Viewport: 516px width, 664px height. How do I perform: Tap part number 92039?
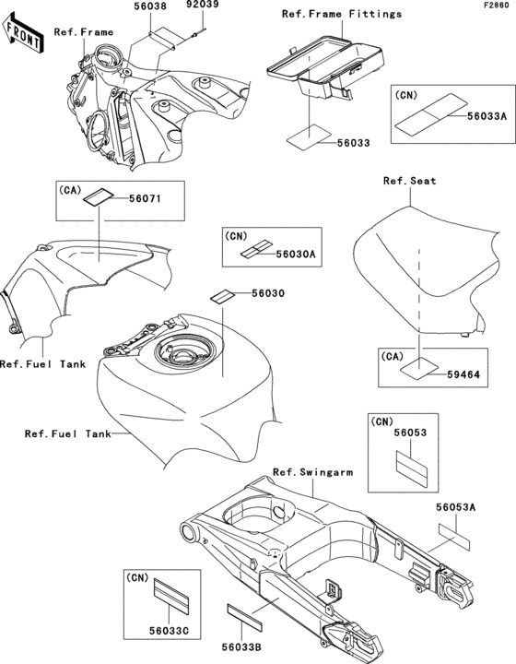point(203,5)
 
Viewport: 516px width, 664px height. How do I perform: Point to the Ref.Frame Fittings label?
point(342,14)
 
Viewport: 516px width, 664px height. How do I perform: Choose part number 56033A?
point(487,116)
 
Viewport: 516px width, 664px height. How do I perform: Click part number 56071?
point(145,198)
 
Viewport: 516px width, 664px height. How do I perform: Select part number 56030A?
point(296,254)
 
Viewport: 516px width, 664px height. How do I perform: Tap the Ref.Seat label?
point(409,181)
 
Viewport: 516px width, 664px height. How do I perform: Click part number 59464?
point(463,374)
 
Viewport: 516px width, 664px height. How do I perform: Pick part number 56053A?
point(456,507)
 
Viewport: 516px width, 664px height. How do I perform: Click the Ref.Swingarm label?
point(312,472)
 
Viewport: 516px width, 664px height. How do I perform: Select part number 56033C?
point(169,631)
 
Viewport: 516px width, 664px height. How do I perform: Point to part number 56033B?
point(241,647)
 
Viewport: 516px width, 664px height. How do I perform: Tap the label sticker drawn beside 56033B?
point(245,617)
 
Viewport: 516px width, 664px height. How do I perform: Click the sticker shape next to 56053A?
point(454,537)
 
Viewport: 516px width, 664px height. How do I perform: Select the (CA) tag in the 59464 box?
point(393,357)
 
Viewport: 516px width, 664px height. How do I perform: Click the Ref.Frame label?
point(84,32)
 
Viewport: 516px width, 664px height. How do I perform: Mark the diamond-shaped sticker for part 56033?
point(310,137)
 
